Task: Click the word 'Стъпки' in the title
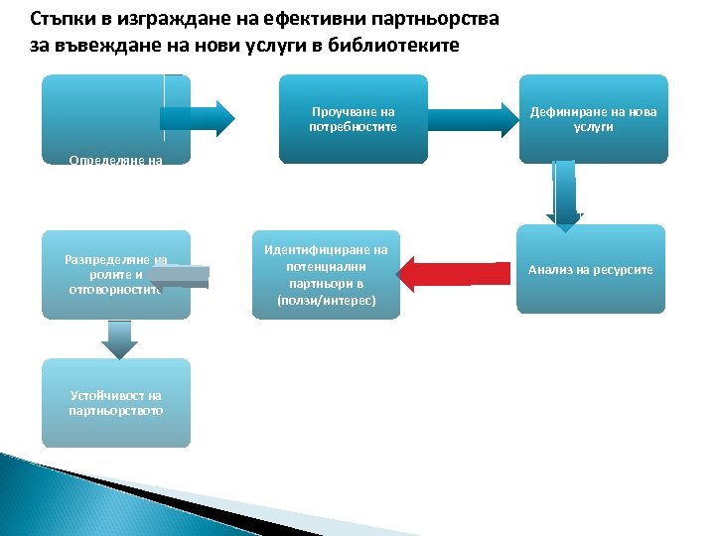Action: click(x=59, y=19)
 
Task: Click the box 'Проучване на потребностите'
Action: click(x=353, y=118)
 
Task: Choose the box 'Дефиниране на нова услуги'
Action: click(x=593, y=118)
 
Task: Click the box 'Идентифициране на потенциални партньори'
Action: click(x=326, y=275)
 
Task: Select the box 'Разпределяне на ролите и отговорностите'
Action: click(x=115, y=275)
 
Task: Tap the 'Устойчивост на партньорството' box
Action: click(x=115, y=403)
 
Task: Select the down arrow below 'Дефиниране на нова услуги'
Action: click(x=564, y=197)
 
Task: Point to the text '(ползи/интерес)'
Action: click(x=326, y=299)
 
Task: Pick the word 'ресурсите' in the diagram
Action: click(x=623, y=269)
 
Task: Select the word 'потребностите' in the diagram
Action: click(x=353, y=127)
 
